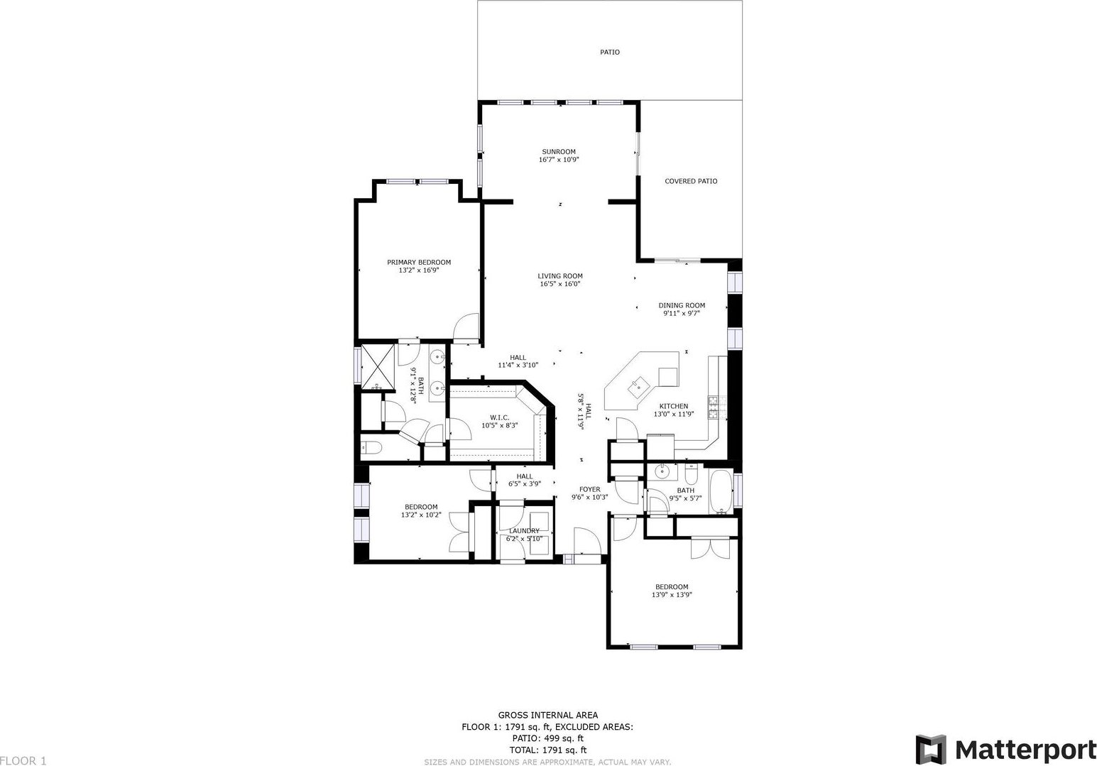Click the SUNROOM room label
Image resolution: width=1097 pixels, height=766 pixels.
point(559,151)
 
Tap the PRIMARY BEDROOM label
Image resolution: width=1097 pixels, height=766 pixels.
point(419,262)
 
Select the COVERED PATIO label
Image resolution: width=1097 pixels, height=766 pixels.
point(690,181)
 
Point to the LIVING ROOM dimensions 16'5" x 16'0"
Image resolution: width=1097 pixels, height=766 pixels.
point(560,284)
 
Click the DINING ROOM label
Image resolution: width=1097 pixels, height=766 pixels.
point(681,305)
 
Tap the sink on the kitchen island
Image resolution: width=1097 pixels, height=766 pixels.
point(638,386)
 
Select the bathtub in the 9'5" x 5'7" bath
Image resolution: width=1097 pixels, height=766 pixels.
point(721,491)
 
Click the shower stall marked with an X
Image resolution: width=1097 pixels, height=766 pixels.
point(377,368)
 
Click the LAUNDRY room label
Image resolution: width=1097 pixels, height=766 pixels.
point(523,530)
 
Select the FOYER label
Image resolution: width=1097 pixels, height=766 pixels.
point(589,489)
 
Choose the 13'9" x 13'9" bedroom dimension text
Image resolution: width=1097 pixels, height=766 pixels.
point(671,595)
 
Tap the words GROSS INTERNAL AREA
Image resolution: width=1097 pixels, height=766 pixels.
point(547,715)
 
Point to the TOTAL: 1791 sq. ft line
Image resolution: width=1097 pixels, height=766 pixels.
point(547,750)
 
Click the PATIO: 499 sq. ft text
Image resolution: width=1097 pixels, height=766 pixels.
point(547,738)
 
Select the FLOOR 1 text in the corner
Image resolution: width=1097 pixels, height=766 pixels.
point(23,760)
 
